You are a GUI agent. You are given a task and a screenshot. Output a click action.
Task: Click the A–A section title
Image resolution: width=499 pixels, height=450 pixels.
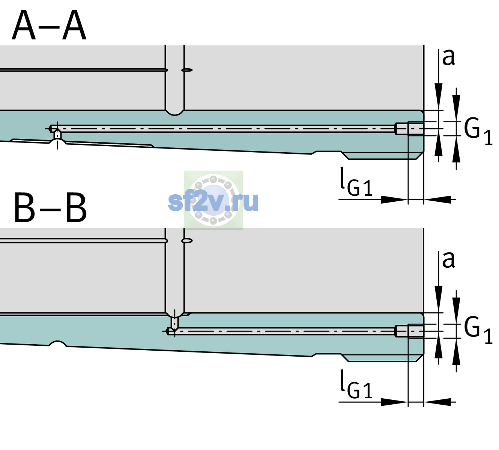pyautogui.click(x=49, y=25)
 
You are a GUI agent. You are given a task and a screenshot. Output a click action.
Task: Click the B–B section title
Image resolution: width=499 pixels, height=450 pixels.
pyautogui.click(x=50, y=207)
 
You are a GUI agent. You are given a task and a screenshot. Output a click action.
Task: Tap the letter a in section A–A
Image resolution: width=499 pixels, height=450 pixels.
pyautogui.click(x=448, y=57)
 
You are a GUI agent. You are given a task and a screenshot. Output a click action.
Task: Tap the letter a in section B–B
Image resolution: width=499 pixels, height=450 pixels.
pyautogui.click(x=448, y=260)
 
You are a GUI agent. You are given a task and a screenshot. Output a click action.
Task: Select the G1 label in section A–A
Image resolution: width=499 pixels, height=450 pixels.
pyautogui.click(x=478, y=132)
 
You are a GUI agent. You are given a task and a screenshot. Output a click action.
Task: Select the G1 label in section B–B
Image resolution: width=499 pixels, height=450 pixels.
pyautogui.click(x=478, y=330)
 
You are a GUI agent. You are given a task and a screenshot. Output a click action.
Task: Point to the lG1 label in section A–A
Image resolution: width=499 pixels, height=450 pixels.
pyautogui.click(x=356, y=182)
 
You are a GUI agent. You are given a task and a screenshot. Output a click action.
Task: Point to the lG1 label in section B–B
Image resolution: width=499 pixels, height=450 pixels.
pyautogui.click(x=356, y=384)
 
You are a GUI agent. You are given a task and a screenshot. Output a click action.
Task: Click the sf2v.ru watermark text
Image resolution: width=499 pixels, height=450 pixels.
pyautogui.click(x=213, y=201)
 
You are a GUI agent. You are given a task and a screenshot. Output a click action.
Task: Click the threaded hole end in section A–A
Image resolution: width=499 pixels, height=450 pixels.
pyautogui.click(x=409, y=129)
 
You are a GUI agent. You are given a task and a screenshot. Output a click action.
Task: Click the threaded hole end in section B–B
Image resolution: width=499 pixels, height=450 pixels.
pyautogui.click(x=409, y=331)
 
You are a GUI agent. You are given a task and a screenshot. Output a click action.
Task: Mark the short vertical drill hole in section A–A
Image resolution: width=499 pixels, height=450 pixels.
pyautogui.click(x=57, y=135)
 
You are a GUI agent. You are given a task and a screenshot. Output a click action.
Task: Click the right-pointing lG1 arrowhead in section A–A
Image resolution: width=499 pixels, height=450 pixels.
pyautogui.click(x=395, y=199)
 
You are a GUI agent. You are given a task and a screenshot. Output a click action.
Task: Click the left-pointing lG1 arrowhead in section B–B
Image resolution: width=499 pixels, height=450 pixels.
pyautogui.click(x=437, y=402)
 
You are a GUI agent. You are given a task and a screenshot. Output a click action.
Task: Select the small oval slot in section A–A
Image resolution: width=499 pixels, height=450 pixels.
pyautogui.click(x=187, y=70)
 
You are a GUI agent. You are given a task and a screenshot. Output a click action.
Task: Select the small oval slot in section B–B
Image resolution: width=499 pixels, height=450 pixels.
pyautogui.click(x=187, y=241)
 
